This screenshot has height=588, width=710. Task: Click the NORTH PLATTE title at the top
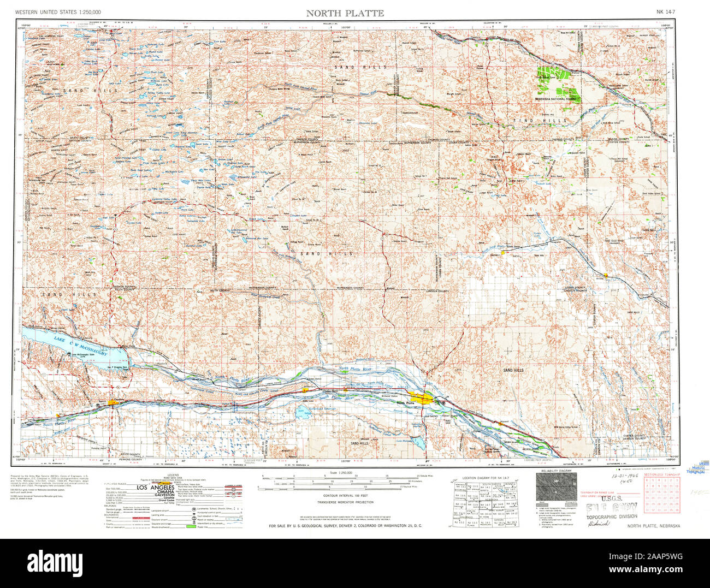345,13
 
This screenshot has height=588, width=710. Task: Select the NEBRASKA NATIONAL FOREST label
558,99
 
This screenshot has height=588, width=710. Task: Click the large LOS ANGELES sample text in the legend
156,487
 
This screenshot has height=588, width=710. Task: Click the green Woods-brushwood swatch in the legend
190,526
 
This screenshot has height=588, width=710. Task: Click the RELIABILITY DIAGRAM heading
556,470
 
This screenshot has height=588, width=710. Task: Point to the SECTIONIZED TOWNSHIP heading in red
662,476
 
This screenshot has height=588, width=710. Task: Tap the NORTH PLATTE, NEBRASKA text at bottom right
654,526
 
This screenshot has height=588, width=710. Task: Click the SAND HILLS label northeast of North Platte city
513,370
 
